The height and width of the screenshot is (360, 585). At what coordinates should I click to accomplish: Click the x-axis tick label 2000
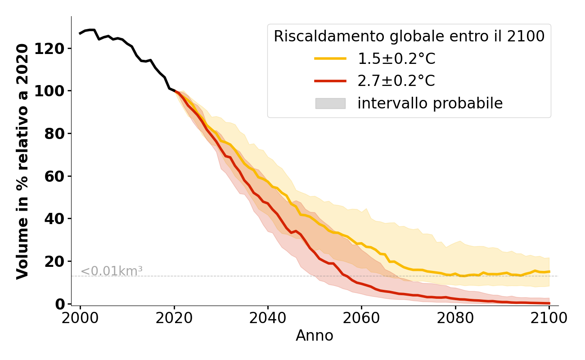[x=80, y=318]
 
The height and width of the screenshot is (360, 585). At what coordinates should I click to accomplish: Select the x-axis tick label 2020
[x=174, y=318]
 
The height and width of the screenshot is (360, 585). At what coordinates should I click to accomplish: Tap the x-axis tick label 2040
[x=268, y=318]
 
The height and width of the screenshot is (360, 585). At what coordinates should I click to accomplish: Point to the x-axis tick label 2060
[x=361, y=318]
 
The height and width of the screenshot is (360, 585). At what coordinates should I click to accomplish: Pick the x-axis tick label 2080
[x=455, y=318]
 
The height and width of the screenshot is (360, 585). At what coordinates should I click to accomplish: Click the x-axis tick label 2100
[x=549, y=318]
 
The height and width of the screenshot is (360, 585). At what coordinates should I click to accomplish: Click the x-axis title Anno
[x=315, y=336]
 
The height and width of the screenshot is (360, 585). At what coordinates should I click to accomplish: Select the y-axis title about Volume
[x=22, y=161]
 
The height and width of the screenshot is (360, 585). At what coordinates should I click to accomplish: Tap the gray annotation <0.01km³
[x=112, y=271]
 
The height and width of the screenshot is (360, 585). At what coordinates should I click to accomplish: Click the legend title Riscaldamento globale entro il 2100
[x=409, y=36]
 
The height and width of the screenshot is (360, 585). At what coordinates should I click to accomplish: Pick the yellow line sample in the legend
[x=330, y=58]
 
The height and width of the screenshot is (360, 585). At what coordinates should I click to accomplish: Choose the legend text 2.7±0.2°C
[x=396, y=81]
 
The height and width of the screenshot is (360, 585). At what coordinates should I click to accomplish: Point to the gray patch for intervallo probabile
[x=330, y=103]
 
